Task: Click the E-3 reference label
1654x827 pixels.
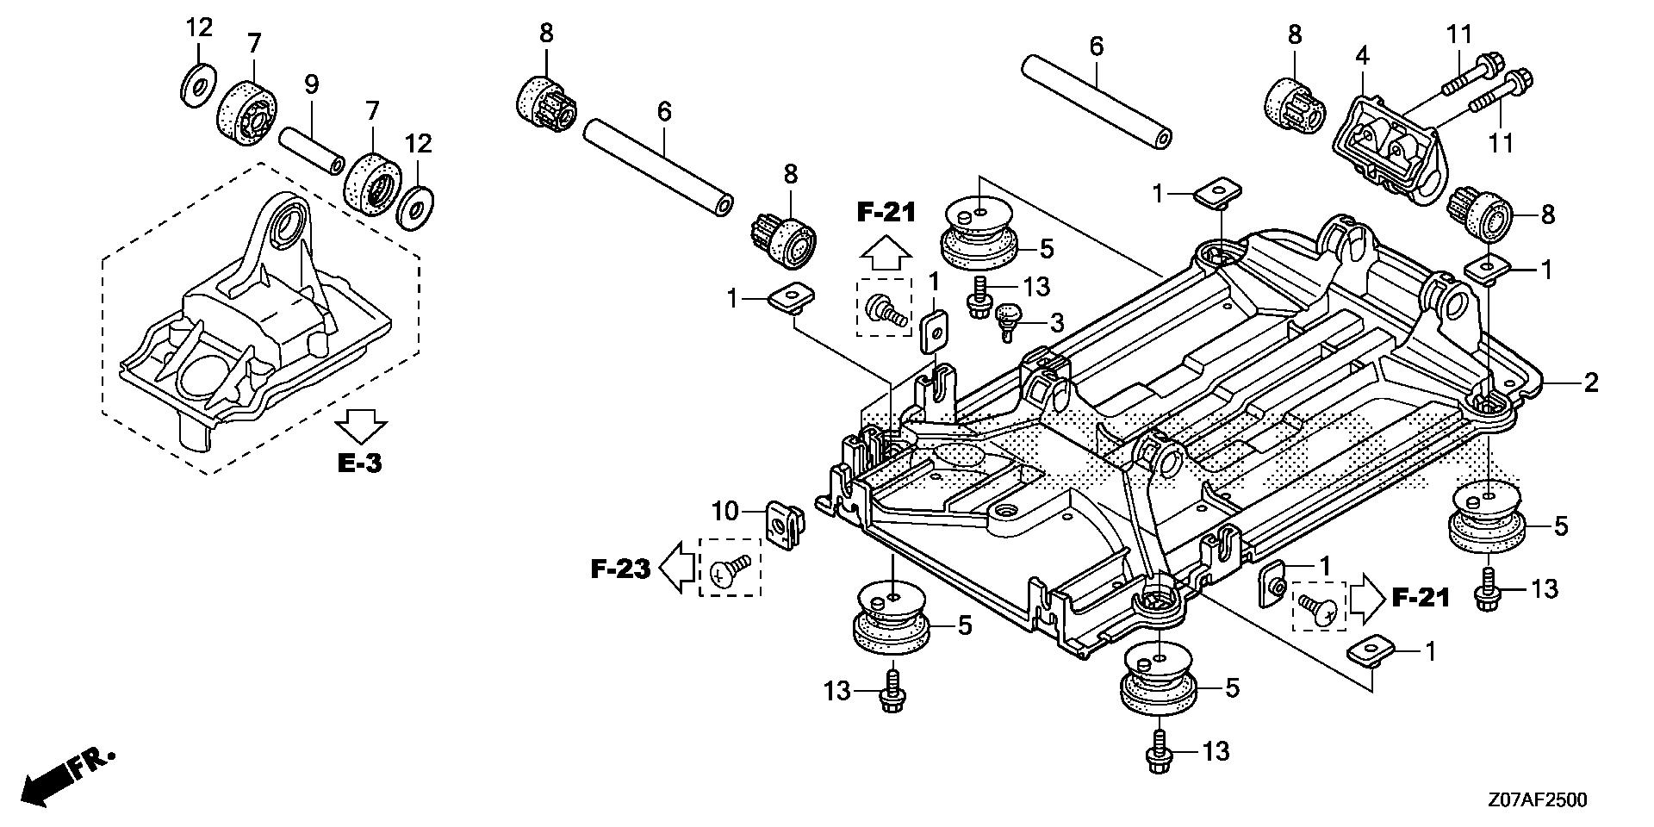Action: click(358, 463)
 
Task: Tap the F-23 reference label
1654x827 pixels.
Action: click(620, 569)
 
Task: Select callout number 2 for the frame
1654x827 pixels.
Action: click(1589, 382)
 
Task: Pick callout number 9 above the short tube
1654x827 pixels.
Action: click(311, 84)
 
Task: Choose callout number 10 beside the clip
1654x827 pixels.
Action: click(724, 512)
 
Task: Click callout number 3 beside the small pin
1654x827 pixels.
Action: click(1056, 324)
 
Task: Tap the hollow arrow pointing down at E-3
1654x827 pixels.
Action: click(361, 426)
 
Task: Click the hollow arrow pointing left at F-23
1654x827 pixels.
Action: click(677, 569)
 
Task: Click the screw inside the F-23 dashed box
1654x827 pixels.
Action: click(729, 569)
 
